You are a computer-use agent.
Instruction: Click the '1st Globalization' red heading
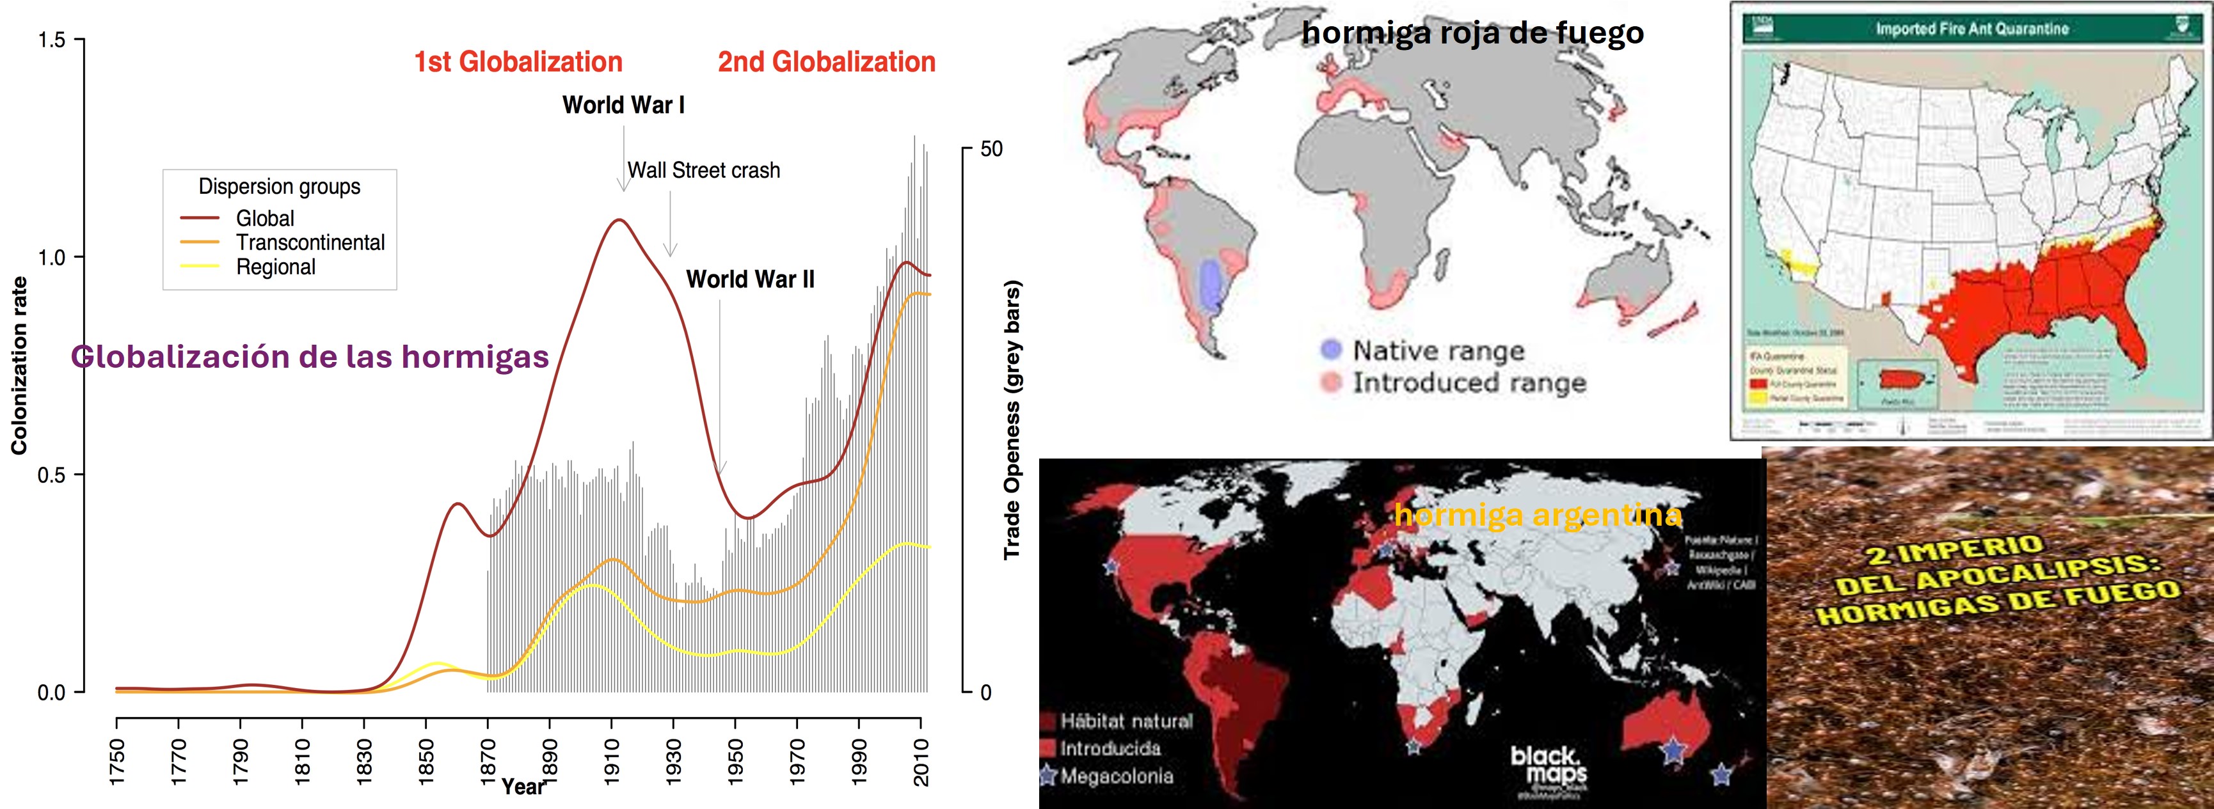tap(518, 62)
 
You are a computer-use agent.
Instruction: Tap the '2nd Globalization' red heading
tap(826, 62)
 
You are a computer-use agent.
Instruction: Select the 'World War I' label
tap(623, 105)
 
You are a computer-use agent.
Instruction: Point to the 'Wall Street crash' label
tap(703, 170)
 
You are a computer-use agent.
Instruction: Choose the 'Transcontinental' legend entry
tap(310, 243)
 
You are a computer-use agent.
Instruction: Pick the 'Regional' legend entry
tap(276, 267)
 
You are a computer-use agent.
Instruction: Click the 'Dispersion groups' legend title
tap(280, 186)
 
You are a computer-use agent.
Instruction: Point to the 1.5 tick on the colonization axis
tap(52, 40)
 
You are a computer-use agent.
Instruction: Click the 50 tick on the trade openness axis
tap(991, 150)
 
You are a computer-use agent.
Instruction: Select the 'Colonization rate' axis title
tap(19, 365)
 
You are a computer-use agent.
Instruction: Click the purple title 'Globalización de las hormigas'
tap(310, 356)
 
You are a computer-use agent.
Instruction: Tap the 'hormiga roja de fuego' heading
tap(1472, 33)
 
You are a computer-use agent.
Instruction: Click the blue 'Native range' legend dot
tap(1330, 350)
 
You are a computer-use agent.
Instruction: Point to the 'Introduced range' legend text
tap(1469, 382)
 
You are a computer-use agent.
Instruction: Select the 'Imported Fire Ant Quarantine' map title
tap(1971, 28)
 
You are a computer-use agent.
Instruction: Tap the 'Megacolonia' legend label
tap(1115, 776)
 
